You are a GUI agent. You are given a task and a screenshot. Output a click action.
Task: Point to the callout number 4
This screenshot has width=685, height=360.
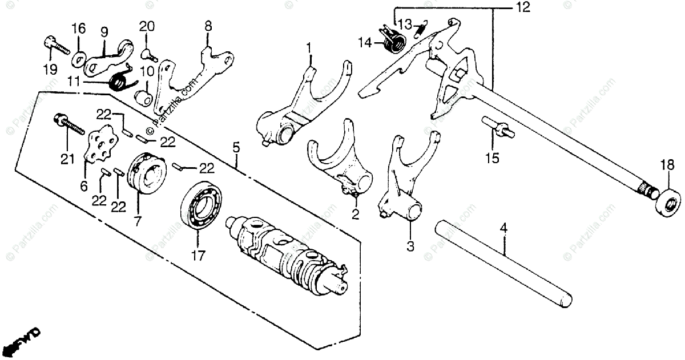pyautogui.click(x=503, y=229)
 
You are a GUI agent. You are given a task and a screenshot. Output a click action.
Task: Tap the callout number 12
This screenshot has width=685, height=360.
pyautogui.click(x=522, y=8)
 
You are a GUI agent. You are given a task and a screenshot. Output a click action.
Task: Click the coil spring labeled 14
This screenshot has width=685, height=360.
pyautogui.click(x=393, y=40)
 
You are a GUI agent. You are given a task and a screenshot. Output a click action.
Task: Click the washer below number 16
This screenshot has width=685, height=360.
pyautogui.click(x=79, y=58)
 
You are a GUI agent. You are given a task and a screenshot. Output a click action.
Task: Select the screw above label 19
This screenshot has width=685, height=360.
pyautogui.click(x=51, y=45)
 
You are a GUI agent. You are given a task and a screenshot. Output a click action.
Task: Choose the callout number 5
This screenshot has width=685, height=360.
pyautogui.click(x=236, y=148)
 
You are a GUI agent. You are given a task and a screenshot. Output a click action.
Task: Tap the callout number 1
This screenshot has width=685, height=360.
pyautogui.click(x=309, y=46)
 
